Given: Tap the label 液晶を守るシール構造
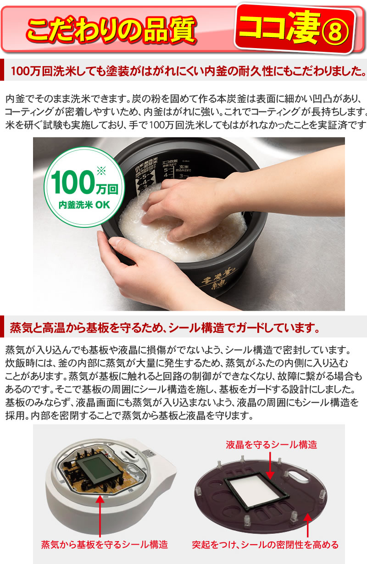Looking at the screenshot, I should point(271,444).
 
